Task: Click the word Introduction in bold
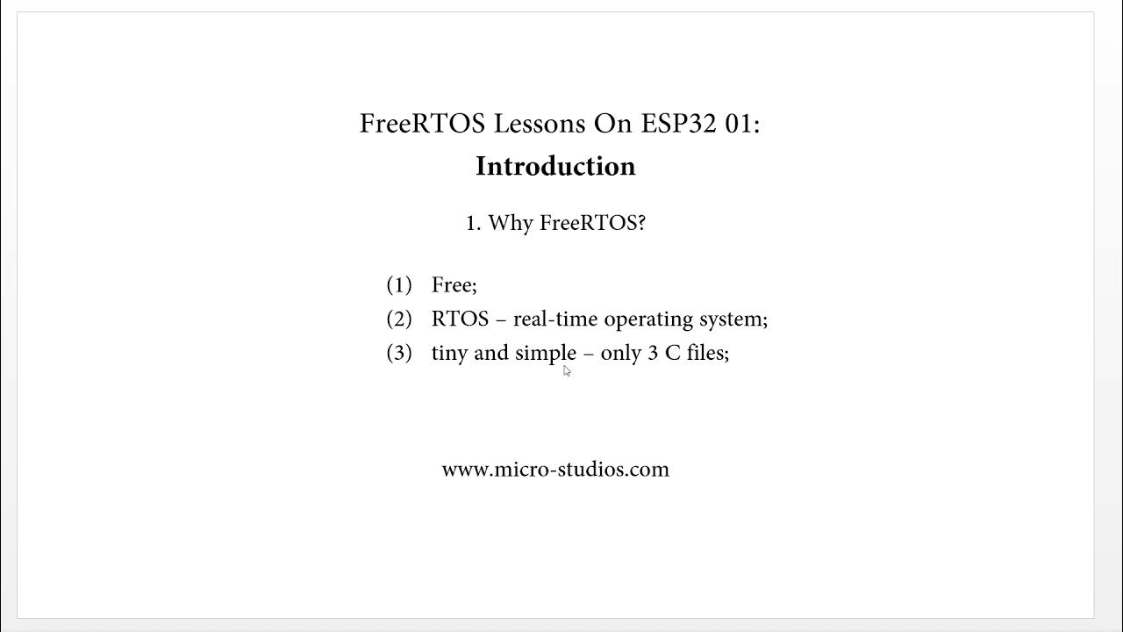click(555, 166)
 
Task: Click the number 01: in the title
click(742, 124)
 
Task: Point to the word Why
click(511, 224)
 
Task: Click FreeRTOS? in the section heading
click(592, 223)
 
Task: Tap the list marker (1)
click(399, 284)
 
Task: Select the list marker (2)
click(399, 319)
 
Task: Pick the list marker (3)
click(399, 353)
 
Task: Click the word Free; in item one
click(454, 284)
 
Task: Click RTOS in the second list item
click(460, 319)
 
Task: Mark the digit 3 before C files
click(653, 353)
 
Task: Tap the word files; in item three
click(708, 353)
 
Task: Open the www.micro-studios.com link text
click(555, 470)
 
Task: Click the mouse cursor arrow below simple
click(567, 371)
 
